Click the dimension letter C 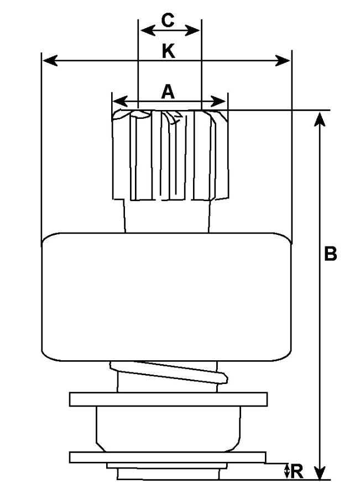[168, 20]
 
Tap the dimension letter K [168, 51]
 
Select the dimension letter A [168, 92]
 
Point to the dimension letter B [330, 254]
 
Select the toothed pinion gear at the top [169, 155]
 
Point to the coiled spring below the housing [169, 373]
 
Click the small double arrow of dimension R [286, 471]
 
